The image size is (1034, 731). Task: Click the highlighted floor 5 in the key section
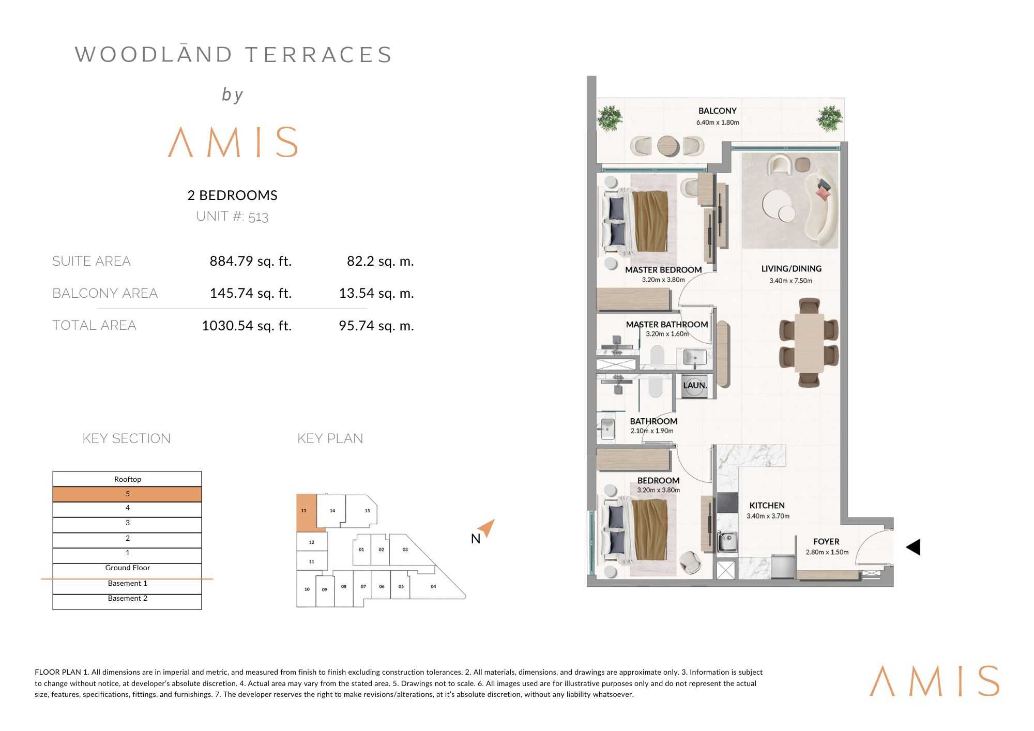click(127, 494)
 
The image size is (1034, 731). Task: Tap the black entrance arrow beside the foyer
click(913, 547)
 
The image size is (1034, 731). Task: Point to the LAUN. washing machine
click(694, 386)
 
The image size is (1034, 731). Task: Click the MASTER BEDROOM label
click(663, 270)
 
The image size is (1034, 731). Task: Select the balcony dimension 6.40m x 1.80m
click(718, 123)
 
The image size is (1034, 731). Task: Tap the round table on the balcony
click(668, 146)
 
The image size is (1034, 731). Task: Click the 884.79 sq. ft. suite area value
click(251, 261)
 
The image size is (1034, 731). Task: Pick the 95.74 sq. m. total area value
click(376, 326)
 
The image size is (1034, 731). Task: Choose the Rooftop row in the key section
click(127, 479)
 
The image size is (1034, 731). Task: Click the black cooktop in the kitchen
click(727, 502)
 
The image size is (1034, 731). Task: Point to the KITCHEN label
click(767, 506)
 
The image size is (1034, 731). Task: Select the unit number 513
click(258, 217)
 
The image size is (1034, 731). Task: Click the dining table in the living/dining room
click(809, 342)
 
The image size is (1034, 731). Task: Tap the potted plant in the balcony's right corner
click(830, 118)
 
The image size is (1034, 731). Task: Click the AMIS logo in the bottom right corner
click(934, 681)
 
